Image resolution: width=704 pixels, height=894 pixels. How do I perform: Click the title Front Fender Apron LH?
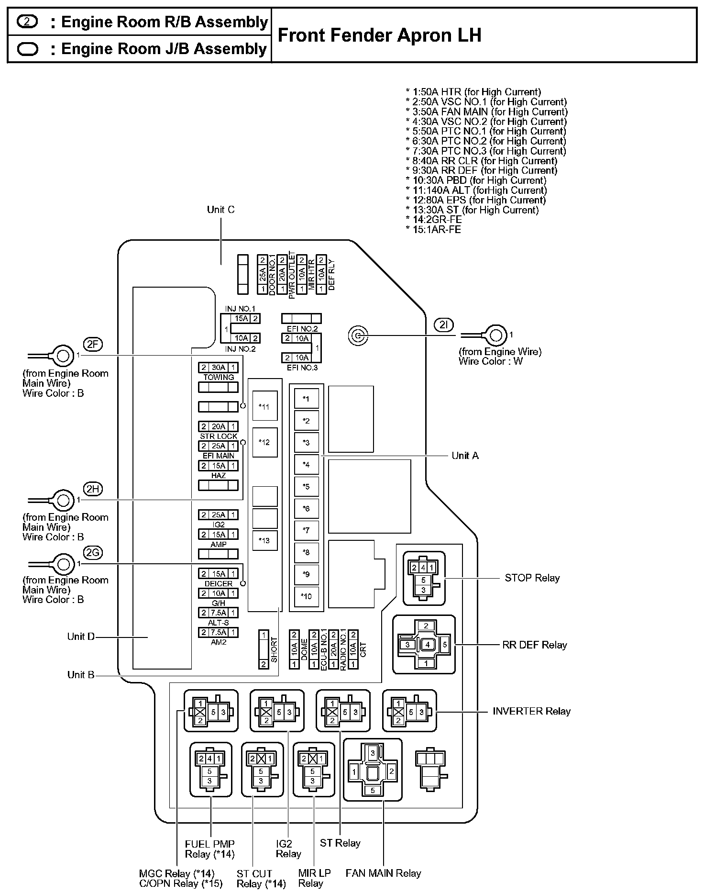(379, 35)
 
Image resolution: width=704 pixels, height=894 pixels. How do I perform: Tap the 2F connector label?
(93, 344)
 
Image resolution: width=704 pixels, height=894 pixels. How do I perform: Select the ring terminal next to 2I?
(496, 335)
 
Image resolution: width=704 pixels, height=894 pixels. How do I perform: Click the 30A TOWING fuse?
(219, 368)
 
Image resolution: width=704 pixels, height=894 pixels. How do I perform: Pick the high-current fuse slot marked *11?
(264, 407)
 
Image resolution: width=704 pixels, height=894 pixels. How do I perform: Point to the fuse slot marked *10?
(306, 596)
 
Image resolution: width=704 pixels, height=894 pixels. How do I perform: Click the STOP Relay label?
(532, 578)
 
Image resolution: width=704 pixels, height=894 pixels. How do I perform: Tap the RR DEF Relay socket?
(424, 644)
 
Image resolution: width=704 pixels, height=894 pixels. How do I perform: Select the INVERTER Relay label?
(531, 711)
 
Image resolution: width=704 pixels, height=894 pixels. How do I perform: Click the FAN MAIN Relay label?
(383, 873)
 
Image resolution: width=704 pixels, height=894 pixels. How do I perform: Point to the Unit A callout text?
(465, 456)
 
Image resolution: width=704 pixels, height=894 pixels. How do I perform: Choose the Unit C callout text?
(220, 210)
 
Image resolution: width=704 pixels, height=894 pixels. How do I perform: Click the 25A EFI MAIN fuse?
(219, 446)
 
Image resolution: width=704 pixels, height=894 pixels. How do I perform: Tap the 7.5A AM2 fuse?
(219, 632)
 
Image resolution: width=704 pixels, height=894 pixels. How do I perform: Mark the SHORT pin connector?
(264, 649)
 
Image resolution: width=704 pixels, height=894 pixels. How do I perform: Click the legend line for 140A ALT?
(476, 190)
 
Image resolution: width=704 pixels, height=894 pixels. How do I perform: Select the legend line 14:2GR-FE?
(433, 220)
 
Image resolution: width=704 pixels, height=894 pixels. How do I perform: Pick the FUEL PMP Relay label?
(209, 849)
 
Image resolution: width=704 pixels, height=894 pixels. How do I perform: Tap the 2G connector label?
(93, 553)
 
